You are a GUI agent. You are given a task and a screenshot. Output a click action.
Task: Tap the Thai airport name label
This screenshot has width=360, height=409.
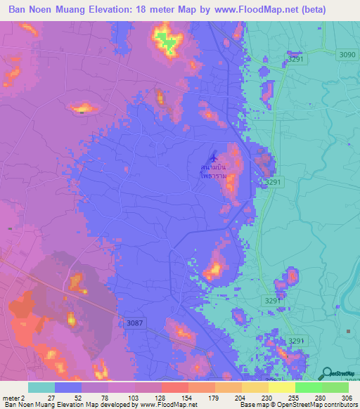(x=214, y=173)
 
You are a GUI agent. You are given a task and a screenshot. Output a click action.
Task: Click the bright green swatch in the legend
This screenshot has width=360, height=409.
(x=308, y=387)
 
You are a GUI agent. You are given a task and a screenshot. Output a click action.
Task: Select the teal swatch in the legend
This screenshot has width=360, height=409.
(x=41, y=387)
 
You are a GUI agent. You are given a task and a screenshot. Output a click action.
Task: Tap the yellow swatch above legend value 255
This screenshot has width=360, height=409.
(x=281, y=387)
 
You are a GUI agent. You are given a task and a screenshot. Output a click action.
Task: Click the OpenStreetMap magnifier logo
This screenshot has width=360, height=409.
(x=327, y=375)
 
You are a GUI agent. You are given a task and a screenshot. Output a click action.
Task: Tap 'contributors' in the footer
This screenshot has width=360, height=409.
(x=337, y=405)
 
